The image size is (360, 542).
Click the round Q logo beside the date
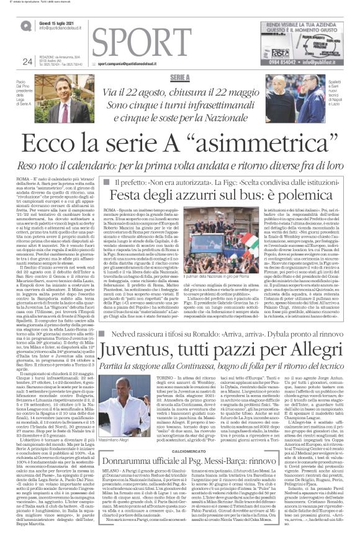tap(25, 24)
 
